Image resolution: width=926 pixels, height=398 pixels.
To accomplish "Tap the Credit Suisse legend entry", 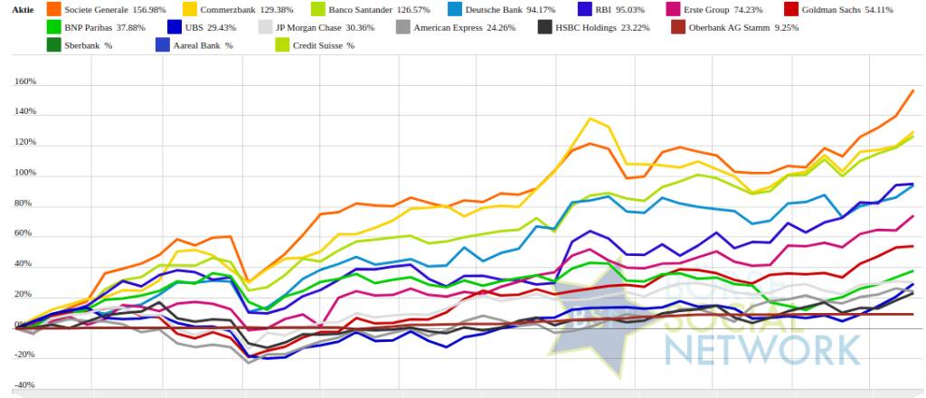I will pyautogui.click(x=311, y=45).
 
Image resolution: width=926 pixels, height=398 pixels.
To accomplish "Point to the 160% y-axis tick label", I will pyautogui.click(x=24, y=81).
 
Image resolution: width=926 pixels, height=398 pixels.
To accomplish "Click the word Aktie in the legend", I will pyautogui.click(x=23, y=10).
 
